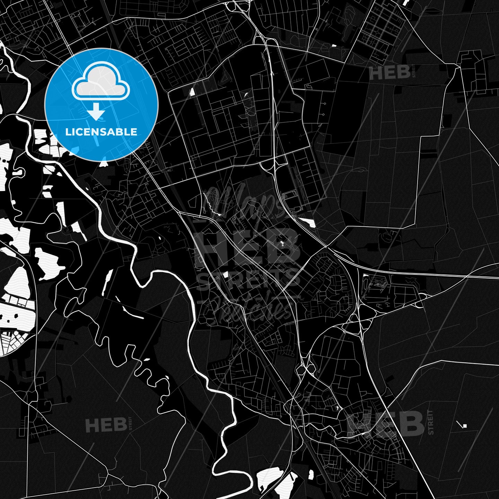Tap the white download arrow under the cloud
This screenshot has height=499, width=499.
click(x=96, y=113)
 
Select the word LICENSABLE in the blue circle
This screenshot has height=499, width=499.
click(x=101, y=132)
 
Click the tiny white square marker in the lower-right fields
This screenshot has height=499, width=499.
click(x=465, y=426)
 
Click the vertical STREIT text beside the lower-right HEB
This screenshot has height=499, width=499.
click(x=430, y=422)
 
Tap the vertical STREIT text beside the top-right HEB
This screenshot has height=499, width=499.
click(x=413, y=72)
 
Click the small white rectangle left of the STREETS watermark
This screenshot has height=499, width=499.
click(x=226, y=275)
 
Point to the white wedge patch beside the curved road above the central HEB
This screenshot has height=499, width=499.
click(x=307, y=222)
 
